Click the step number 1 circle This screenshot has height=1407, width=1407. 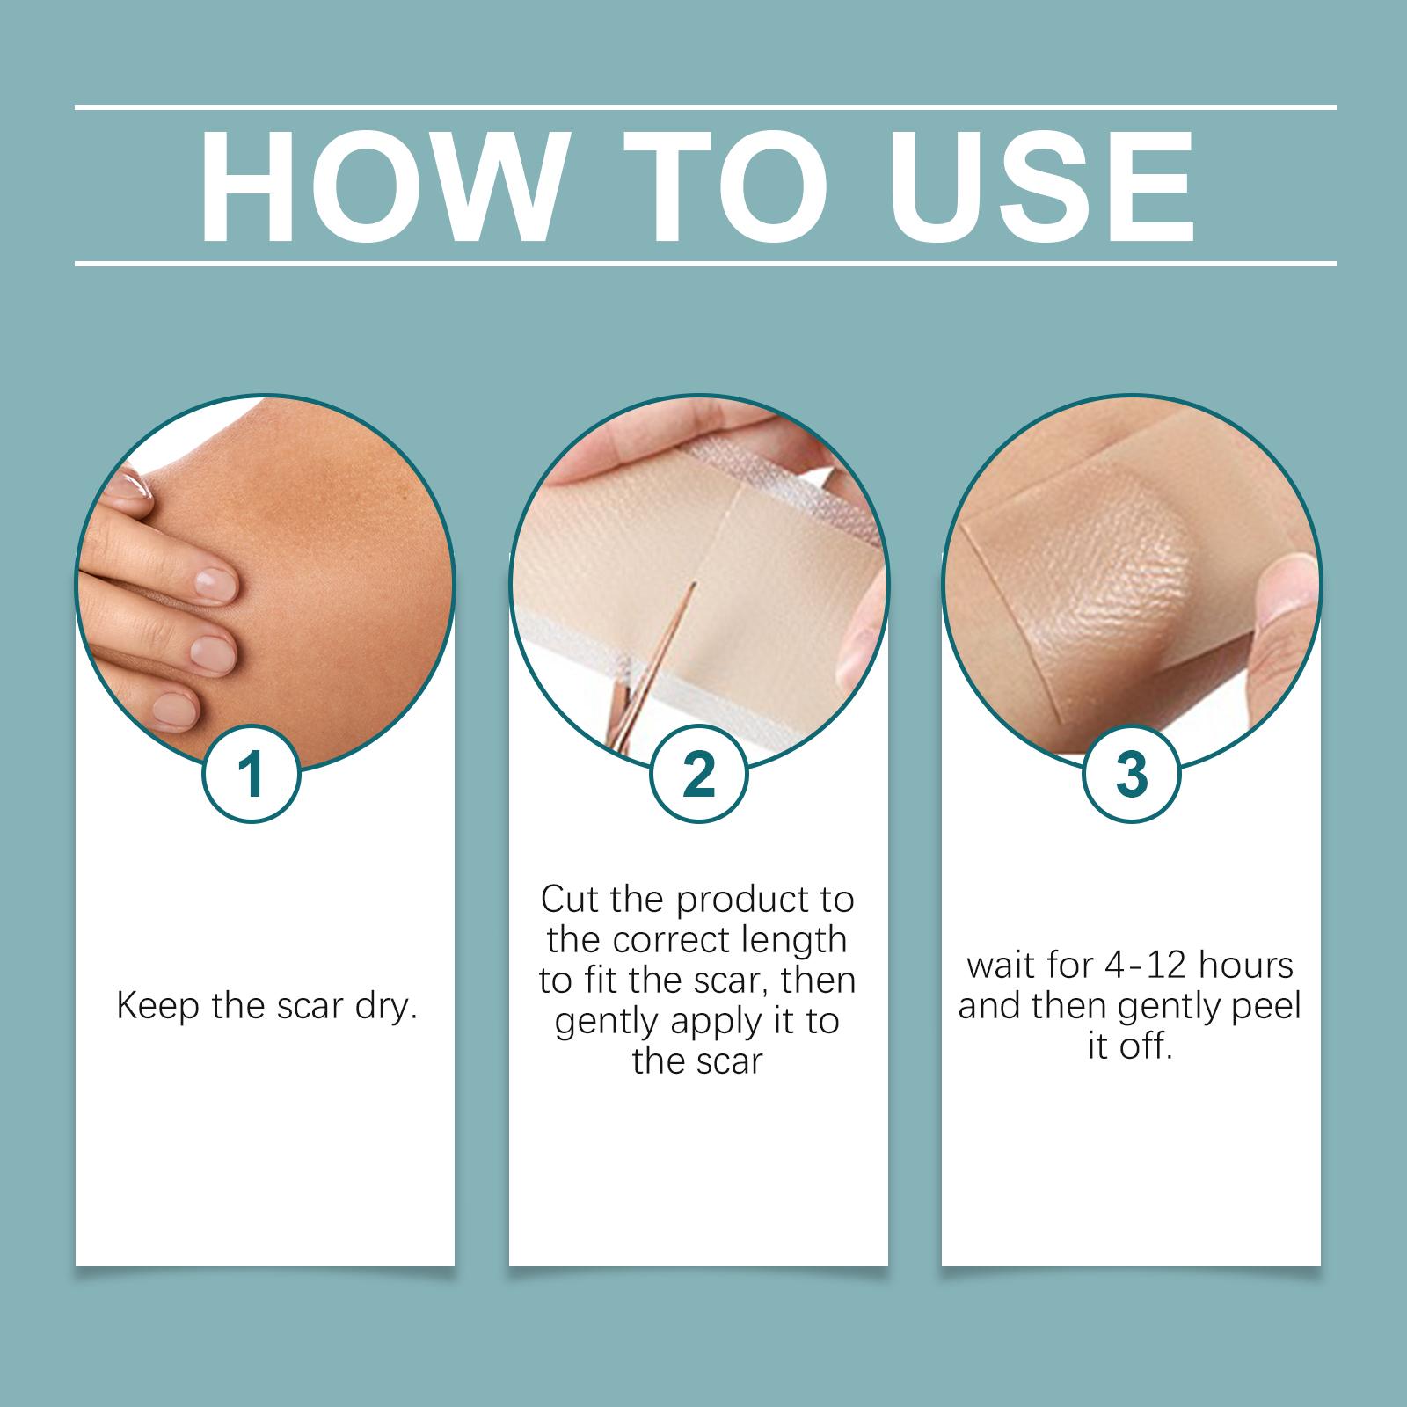252,775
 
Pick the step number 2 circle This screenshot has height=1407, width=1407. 698,775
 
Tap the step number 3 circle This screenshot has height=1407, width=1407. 1131,775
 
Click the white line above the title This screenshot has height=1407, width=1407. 705,107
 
